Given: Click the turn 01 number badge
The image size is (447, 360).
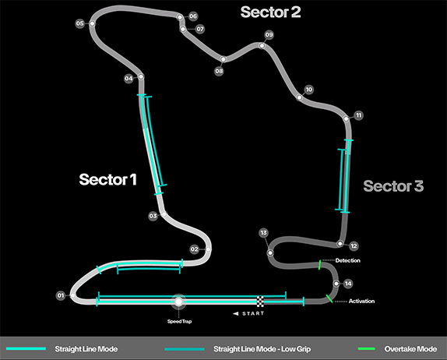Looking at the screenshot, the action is click(61, 295).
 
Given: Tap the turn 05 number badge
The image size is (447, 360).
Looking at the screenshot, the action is click(79, 23).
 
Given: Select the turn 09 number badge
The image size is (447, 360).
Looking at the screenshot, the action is click(269, 35).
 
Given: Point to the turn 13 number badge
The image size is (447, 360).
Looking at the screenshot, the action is click(264, 233).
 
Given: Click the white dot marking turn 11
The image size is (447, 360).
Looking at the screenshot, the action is click(346, 118).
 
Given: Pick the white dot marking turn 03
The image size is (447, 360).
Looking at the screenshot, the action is click(164, 214).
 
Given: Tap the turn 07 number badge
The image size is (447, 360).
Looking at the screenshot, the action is click(200, 29).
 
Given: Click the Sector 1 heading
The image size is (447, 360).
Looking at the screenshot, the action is click(107, 179).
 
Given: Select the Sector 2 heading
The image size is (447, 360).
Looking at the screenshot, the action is click(270, 12).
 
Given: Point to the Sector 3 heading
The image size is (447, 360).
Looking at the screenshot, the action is click(393, 186).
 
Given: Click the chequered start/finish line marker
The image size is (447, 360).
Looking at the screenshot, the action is click(260, 302).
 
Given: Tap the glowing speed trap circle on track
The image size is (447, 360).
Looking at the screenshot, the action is click(179, 302).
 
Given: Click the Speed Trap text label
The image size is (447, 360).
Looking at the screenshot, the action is click(179, 322).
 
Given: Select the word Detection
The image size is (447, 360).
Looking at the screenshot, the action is click(348, 260).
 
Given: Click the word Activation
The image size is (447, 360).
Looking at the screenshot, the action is click(362, 301).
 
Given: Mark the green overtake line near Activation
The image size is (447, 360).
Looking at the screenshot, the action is click(329, 298).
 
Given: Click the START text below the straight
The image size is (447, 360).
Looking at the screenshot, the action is click(253, 313).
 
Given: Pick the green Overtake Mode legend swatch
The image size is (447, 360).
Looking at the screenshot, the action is click(367, 348).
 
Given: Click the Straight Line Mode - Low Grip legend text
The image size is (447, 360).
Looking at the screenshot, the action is click(262, 349).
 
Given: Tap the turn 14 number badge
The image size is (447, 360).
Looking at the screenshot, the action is click(348, 284).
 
